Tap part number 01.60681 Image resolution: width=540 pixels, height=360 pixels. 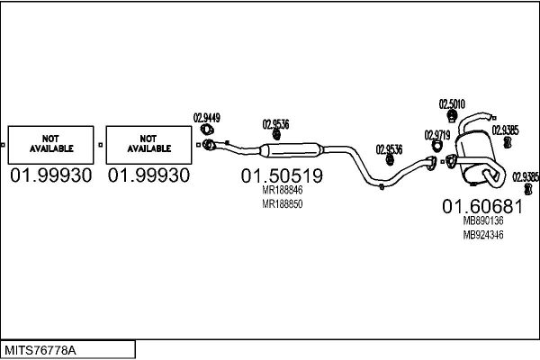pyautogui.click(x=482, y=205)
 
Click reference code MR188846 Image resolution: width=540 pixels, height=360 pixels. pyautogui.click(x=282, y=191)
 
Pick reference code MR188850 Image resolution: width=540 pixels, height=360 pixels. pyautogui.click(x=282, y=204)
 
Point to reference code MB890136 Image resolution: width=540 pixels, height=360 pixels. pyautogui.click(x=482, y=220)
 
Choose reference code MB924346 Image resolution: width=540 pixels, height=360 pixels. pyautogui.click(x=482, y=235)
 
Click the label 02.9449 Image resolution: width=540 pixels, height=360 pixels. pyautogui.click(x=207, y=117)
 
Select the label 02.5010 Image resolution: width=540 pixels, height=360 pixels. pyautogui.click(x=451, y=104)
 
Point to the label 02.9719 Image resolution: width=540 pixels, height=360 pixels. pyautogui.click(x=437, y=135)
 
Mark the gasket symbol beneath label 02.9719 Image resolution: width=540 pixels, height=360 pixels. pyautogui.click(x=433, y=163)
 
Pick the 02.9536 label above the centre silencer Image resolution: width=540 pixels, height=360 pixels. pyautogui.click(x=275, y=124)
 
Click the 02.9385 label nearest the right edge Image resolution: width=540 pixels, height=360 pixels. pyautogui.click(x=526, y=176)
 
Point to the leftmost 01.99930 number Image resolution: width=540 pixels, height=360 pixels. pyautogui.click(x=51, y=175)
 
